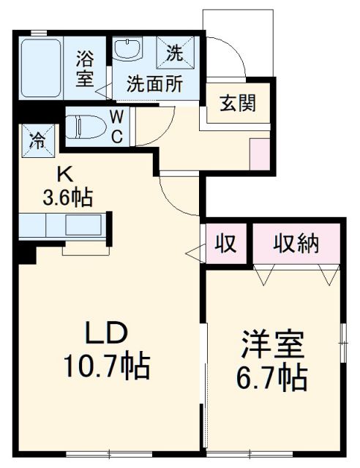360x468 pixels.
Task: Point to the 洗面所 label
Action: coord(154,83)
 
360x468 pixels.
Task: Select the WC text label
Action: coord(116,125)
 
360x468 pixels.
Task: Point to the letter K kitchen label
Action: coord(64,175)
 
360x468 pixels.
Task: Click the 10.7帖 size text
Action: coord(110,366)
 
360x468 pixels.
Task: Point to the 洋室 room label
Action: coord(272,344)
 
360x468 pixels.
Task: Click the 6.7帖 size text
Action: coord(272,377)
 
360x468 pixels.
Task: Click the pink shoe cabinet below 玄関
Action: coord(259,151)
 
